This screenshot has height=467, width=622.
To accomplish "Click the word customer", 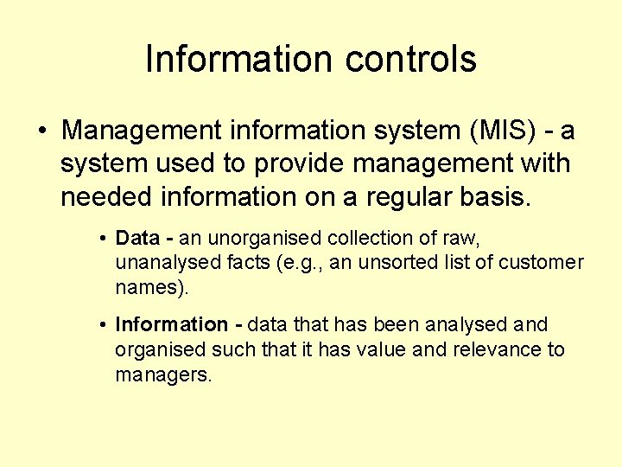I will [x=545, y=262].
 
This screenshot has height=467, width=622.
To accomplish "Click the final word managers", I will [x=162, y=375].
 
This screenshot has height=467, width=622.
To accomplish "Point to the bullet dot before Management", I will [x=41, y=132].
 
